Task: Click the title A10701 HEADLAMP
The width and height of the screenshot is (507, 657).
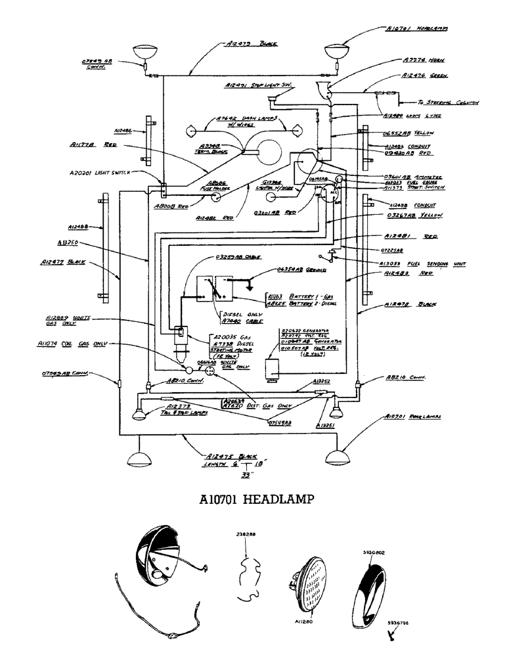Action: [x=253, y=500]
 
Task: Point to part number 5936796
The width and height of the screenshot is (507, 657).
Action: [x=399, y=622]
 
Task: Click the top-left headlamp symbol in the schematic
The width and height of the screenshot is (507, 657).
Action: [x=143, y=51]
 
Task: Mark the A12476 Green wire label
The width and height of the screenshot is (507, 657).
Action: [x=424, y=77]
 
